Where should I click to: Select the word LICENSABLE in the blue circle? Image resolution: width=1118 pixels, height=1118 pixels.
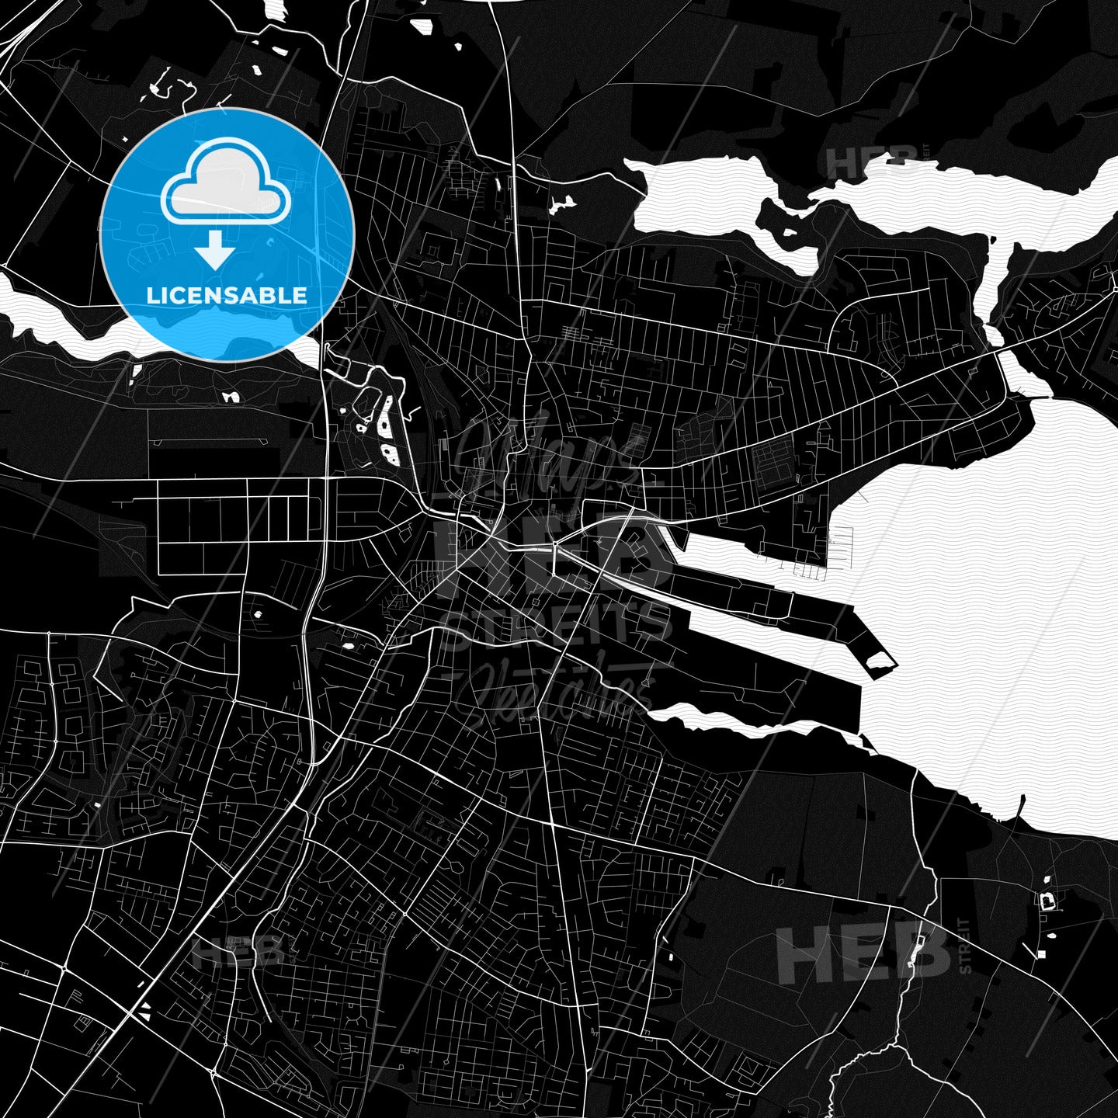tap(227, 295)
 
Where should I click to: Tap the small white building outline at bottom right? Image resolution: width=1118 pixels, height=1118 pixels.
tap(1049, 901)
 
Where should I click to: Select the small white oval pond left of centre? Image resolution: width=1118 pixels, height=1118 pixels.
tap(258, 615)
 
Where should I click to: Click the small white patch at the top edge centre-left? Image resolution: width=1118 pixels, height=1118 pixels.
tap(423, 27)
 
